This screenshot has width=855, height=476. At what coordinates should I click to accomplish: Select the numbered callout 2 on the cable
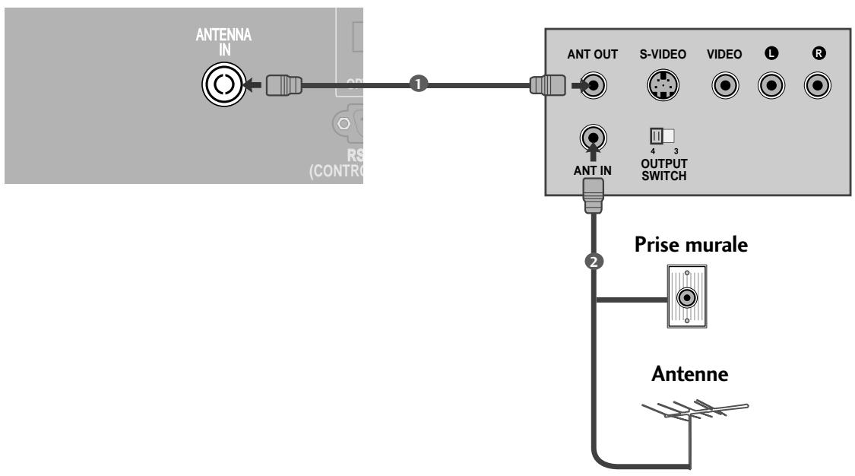tap(596, 261)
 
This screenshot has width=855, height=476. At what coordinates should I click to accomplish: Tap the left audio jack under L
tap(772, 84)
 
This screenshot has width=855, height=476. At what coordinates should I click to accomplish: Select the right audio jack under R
tap(818, 84)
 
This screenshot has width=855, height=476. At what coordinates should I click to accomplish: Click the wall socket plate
tap(687, 297)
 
